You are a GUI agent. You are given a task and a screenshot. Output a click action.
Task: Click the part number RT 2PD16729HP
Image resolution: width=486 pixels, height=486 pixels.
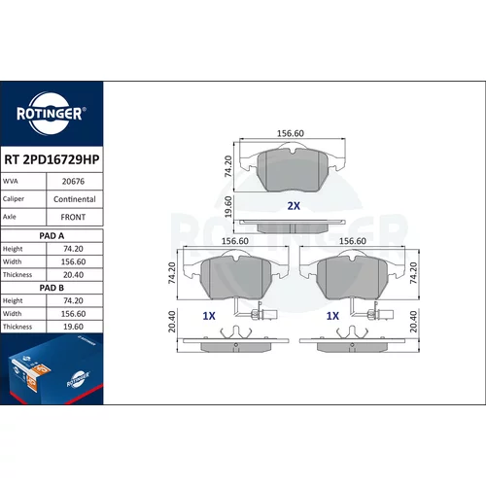(52, 159)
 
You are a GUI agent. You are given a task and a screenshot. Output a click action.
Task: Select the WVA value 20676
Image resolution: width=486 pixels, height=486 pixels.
(73, 182)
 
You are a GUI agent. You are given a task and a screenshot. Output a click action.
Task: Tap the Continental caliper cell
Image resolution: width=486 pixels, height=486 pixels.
(75, 199)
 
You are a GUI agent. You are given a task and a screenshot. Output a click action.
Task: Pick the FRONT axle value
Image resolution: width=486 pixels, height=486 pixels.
(73, 217)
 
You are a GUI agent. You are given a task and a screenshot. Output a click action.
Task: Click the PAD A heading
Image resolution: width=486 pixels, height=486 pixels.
(52, 236)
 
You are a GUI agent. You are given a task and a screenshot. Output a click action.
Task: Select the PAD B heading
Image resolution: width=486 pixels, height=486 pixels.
(52, 288)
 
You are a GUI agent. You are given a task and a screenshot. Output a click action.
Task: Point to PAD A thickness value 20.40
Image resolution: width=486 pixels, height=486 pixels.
(73, 275)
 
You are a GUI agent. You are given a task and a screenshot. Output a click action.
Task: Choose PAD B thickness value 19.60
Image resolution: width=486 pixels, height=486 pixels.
(73, 327)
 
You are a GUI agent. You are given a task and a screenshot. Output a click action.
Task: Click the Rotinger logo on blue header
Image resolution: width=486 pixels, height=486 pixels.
(52, 114)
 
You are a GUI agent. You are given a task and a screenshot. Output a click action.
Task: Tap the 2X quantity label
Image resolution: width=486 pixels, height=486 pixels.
(294, 206)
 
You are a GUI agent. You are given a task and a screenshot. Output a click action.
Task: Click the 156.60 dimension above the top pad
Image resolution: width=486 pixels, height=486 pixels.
(291, 133)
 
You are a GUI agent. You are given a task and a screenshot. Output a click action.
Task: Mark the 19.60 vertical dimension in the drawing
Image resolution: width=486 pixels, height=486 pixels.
(228, 207)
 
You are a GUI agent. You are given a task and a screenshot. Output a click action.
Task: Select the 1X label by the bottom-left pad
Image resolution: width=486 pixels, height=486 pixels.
(209, 316)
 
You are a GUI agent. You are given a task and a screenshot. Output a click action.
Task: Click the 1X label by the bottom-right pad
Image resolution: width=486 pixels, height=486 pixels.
(332, 316)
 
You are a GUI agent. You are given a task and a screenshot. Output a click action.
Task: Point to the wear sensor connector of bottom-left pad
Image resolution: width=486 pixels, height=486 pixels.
(264, 314)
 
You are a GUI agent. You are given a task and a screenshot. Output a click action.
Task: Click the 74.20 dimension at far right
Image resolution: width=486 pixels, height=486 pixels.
(413, 273)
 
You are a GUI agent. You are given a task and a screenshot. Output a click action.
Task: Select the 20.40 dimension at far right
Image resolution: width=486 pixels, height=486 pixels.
(413, 322)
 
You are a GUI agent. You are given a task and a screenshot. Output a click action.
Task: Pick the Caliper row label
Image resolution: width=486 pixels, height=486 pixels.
(14, 198)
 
